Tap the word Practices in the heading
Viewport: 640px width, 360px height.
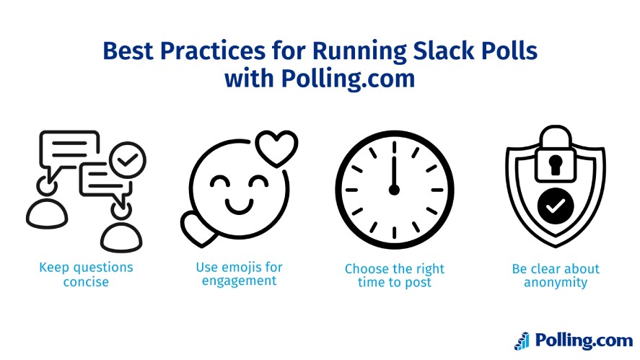[214, 52]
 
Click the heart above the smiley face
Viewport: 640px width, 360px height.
[277, 147]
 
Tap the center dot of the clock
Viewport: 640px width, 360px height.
[394, 190]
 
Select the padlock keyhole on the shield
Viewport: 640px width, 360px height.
[555, 165]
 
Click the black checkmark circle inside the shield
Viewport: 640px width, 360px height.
[555, 207]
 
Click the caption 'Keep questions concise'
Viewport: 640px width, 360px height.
[86, 274]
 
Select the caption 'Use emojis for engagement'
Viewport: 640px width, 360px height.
[240, 274]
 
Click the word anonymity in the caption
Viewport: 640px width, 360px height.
[556, 282]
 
